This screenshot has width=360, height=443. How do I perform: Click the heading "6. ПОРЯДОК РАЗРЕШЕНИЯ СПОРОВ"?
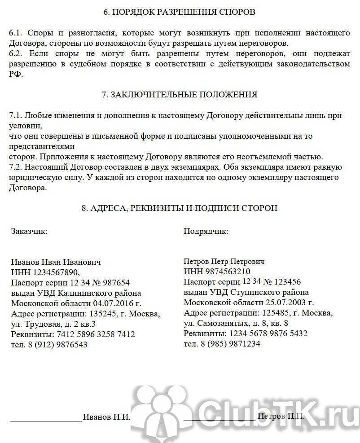click(179, 12)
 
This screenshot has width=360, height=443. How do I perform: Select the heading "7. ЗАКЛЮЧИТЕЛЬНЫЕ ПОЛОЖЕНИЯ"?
click(180, 95)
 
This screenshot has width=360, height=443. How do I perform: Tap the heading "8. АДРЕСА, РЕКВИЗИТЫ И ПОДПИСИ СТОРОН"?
click(180, 208)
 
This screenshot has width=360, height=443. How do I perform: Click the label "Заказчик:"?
click(29, 231)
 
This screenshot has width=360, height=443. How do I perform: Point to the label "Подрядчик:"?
click(206, 232)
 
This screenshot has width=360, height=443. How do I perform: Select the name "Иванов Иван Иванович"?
click(56, 262)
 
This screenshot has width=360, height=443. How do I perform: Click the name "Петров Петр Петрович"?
click(224, 261)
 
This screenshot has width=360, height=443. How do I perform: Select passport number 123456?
click(285, 282)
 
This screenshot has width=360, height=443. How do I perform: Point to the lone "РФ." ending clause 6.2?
click(15, 75)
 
